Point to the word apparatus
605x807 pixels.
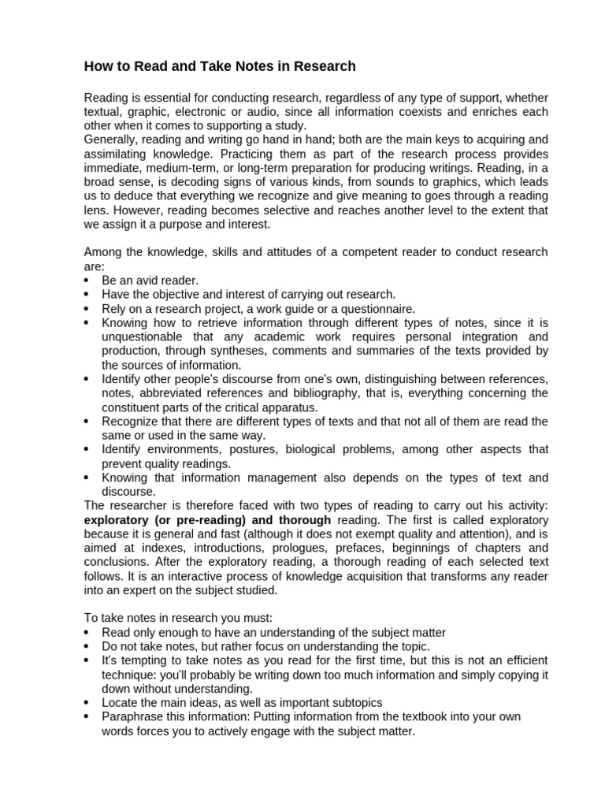coord(285,407)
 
